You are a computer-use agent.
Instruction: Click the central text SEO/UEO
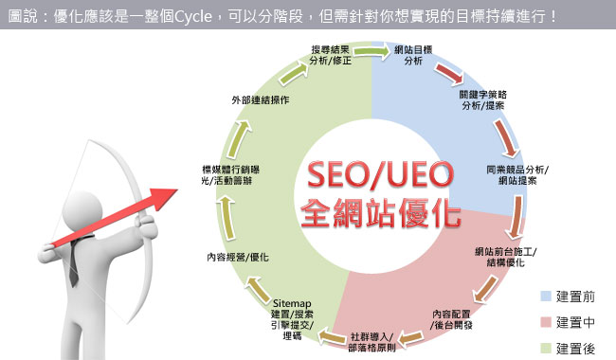click(384, 175)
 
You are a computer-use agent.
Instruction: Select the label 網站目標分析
click(413, 53)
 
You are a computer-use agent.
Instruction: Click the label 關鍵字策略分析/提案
click(483, 99)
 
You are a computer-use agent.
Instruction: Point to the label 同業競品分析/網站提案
click(517, 174)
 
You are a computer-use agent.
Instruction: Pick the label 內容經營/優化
click(237, 257)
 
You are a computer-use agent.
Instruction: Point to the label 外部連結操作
click(260, 99)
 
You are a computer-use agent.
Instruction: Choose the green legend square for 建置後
click(544, 349)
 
